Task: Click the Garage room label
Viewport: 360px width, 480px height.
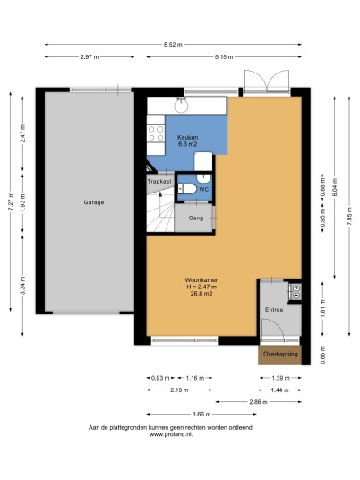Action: (94, 202)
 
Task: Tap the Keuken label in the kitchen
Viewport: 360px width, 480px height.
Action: (188, 137)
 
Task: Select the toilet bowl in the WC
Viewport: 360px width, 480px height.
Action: (187, 189)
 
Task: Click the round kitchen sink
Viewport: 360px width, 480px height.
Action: (181, 106)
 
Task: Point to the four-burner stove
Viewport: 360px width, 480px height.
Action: (156, 133)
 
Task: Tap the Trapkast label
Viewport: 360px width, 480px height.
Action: (159, 182)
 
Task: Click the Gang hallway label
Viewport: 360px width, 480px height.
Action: (196, 218)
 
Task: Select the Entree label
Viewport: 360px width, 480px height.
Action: (274, 310)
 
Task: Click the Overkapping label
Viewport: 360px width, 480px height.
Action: (280, 354)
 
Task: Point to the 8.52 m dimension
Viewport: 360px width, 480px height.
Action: (173, 45)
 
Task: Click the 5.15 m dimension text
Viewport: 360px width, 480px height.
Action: (224, 56)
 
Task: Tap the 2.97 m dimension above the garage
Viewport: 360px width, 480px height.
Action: (90, 56)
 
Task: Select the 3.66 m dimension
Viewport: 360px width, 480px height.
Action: (201, 415)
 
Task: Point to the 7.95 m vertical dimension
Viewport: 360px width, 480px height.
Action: (349, 216)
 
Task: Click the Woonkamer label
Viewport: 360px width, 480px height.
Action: (201, 280)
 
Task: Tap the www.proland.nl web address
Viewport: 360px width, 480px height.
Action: (171, 434)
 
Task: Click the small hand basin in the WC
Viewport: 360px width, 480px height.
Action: (203, 178)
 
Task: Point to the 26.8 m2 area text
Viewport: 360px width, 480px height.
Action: (201, 294)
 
